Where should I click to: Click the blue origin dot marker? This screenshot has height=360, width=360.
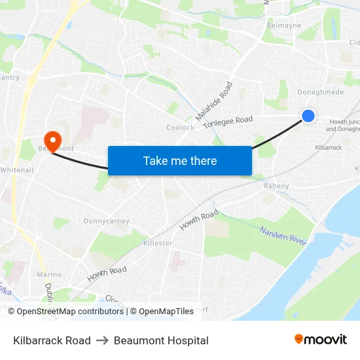coord(308,116)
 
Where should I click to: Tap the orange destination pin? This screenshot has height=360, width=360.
coord(51,139)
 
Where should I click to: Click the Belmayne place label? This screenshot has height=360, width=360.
coord(283,26)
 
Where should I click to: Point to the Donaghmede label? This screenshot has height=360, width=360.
coord(320,92)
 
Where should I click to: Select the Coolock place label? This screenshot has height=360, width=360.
coord(180,128)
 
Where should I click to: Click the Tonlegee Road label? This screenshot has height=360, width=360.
coord(227,122)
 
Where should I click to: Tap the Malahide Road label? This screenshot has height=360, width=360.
coord(214,101)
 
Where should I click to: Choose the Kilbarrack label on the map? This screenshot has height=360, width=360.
coord(328,148)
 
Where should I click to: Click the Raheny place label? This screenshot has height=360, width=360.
coord(276,186)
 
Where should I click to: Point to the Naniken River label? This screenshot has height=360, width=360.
coord(283,236)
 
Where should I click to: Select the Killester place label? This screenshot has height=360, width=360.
coord(157,243)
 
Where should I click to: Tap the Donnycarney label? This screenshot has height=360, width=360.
coord(106,221)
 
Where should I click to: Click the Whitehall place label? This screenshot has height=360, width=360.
coord(16,170)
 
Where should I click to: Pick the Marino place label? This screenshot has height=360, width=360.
coord(49,274)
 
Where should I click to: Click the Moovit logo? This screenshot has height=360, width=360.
coord(320,339)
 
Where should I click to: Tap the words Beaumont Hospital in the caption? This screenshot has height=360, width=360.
coord(161,340)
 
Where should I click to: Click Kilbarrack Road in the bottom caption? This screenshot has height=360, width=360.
coord(52,340)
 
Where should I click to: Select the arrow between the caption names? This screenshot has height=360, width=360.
coord(102,340)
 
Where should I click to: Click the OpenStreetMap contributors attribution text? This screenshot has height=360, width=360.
coord(71,312)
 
